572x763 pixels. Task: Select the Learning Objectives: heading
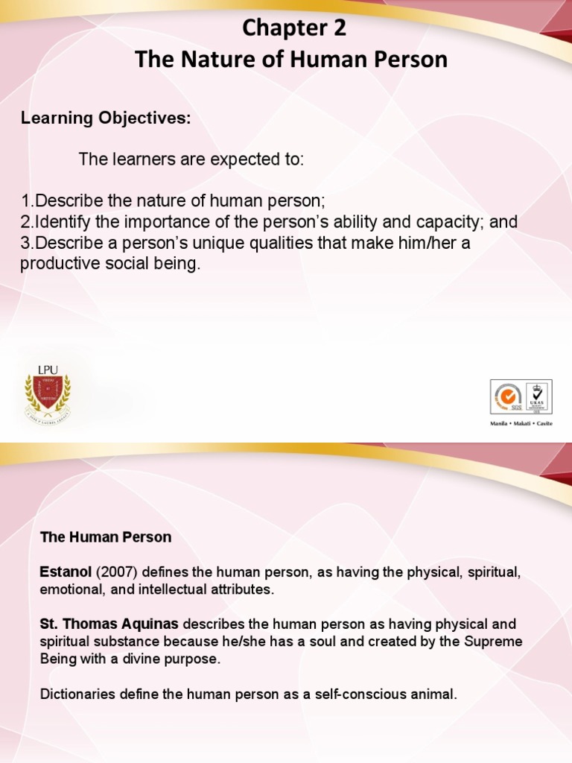click(106, 118)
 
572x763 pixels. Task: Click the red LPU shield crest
click(48, 393)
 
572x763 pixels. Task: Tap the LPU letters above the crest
click(48, 369)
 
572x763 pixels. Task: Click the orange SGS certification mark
click(508, 397)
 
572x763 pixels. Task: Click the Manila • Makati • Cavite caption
click(521, 422)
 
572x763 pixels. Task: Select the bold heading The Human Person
click(105, 536)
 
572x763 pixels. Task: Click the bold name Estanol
click(65, 572)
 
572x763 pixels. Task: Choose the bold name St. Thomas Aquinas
click(109, 624)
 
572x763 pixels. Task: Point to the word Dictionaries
click(74, 694)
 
